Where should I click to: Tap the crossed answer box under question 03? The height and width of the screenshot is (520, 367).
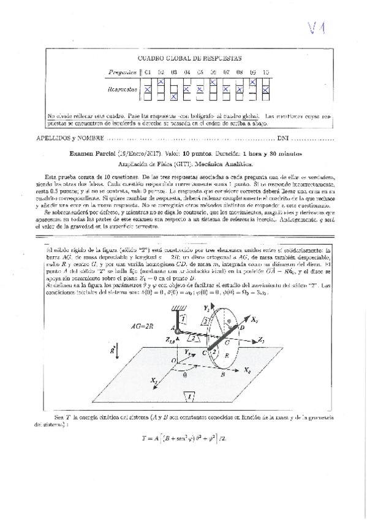[173, 96]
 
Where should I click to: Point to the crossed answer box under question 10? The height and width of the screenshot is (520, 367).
[266, 88]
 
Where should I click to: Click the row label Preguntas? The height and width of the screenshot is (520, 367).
[123, 72]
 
